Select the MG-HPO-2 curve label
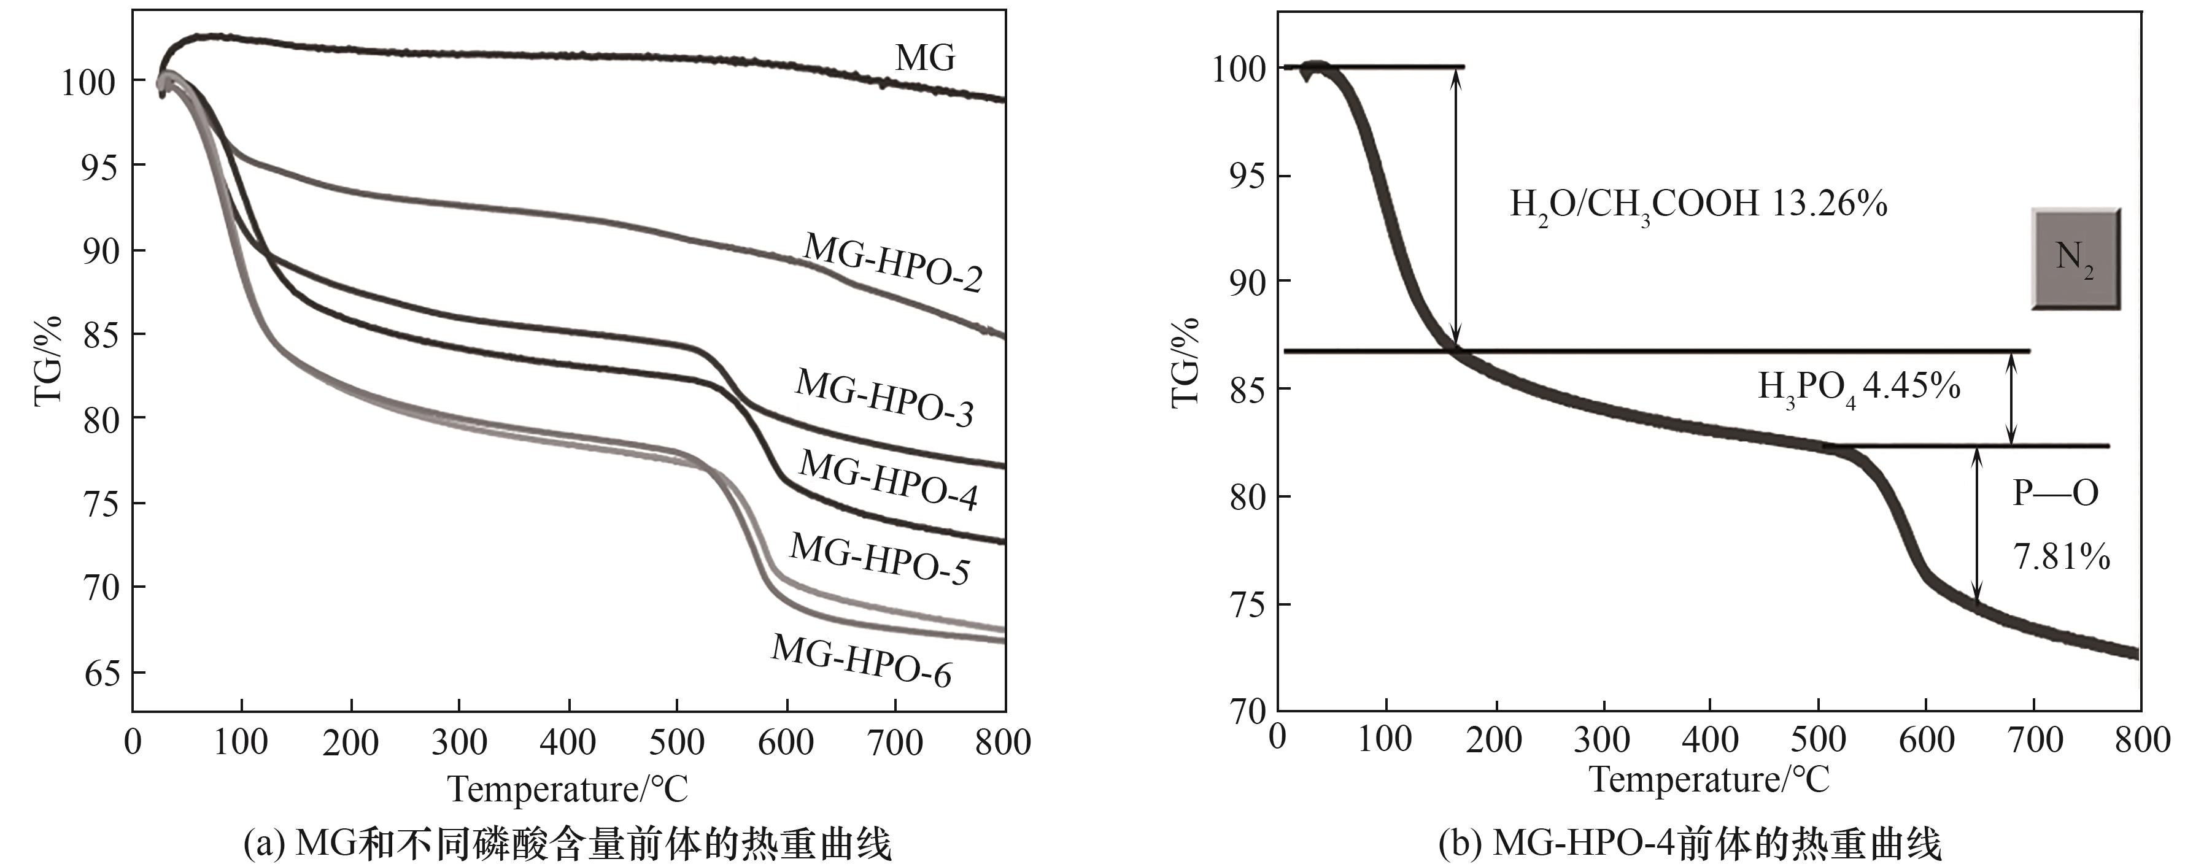point(892,262)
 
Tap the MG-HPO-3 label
point(884,396)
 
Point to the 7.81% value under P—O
point(2061,557)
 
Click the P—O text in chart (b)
point(2055,493)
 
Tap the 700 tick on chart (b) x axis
point(2035,741)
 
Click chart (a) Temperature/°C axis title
point(568,789)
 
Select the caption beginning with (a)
point(568,845)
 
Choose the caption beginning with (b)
point(1690,845)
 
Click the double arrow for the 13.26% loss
point(1456,208)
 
